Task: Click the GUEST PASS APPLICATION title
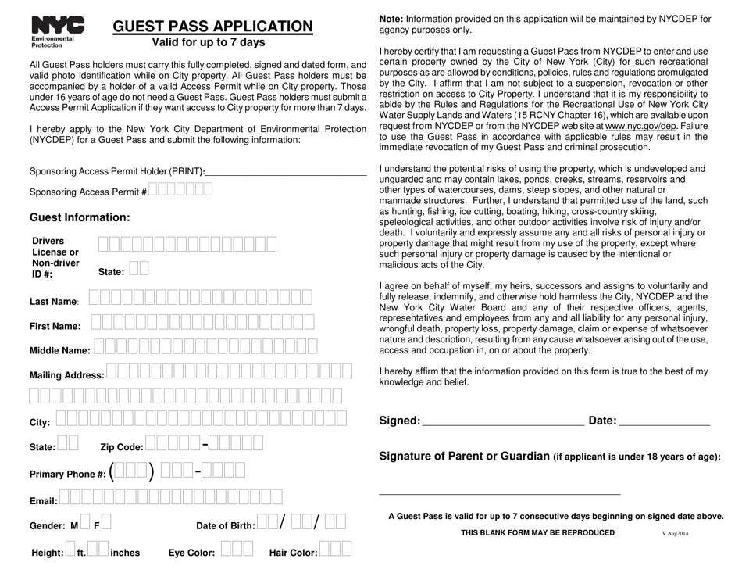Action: [x=213, y=26]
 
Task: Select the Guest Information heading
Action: [x=80, y=217]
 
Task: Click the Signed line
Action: [x=502, y=423]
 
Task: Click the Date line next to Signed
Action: [x=664, y=423]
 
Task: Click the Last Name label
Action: [x=54, y=302]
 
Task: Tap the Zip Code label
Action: [x=122, y=447]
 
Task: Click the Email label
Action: [x=43, y=500]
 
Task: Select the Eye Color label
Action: [x=191, y=553]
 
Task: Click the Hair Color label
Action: [x=293, y=553]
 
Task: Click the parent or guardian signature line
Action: [x=499, y=493]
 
